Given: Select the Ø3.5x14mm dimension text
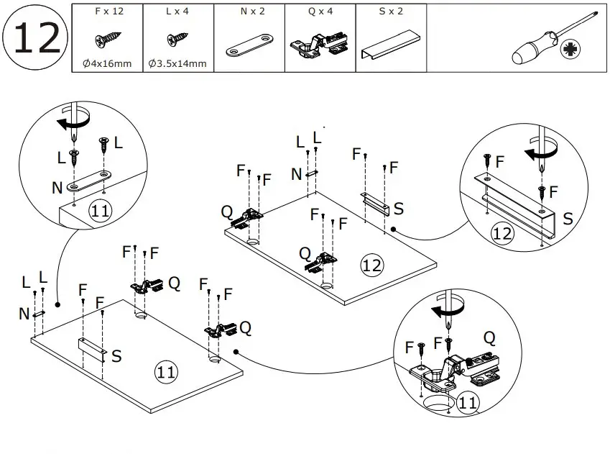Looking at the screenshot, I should click(177, 64).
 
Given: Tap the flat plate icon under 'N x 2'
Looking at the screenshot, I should click(249, 45).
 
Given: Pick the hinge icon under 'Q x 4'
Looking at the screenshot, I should click(320, 45).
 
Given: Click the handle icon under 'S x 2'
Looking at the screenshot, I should click(391, 46).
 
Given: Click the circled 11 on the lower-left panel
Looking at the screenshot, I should click(166, 372).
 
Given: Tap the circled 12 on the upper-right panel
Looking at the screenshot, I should click(371, 265).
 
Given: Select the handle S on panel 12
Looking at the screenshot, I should click(376, 204).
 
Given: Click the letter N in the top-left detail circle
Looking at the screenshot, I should click(57, 189).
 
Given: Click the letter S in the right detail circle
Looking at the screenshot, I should click(567, 218).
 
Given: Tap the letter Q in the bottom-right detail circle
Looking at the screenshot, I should click(489, 337).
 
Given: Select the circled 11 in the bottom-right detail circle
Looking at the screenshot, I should click(467, 403).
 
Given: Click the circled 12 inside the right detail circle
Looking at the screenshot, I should click(503, 232).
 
